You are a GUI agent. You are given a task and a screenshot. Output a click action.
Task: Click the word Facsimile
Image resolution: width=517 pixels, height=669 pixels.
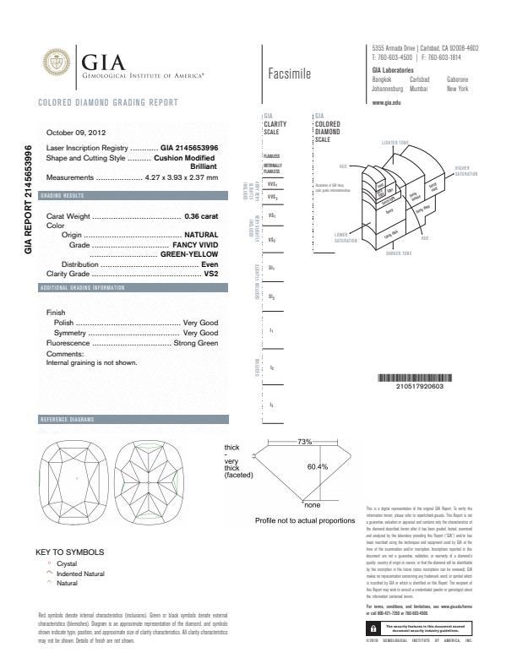pyautogui.click(x=289, y=74)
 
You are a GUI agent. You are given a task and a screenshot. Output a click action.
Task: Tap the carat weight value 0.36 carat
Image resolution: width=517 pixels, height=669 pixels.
pyautogui.click(x=201, y=217)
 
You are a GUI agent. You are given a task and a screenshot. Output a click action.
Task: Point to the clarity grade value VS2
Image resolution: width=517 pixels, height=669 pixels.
pyautogui.click(x=211, y=274)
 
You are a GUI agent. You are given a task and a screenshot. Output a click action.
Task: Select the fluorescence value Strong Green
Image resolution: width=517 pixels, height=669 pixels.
pyautogui.click(x=195, y=344)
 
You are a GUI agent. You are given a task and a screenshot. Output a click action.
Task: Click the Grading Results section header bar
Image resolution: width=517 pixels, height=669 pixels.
pyautogui.click(x=130, y=196)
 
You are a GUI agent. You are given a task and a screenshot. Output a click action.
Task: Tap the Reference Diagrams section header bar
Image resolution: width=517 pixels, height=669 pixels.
pyautogui.click(x=130, y=420)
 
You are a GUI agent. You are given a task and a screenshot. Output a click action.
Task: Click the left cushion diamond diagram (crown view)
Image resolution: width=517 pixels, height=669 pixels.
pyautogui.click(x=77, y=478)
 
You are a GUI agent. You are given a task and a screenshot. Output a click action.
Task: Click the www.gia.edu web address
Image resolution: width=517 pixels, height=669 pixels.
pyautogui.click(x=386, y=101)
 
